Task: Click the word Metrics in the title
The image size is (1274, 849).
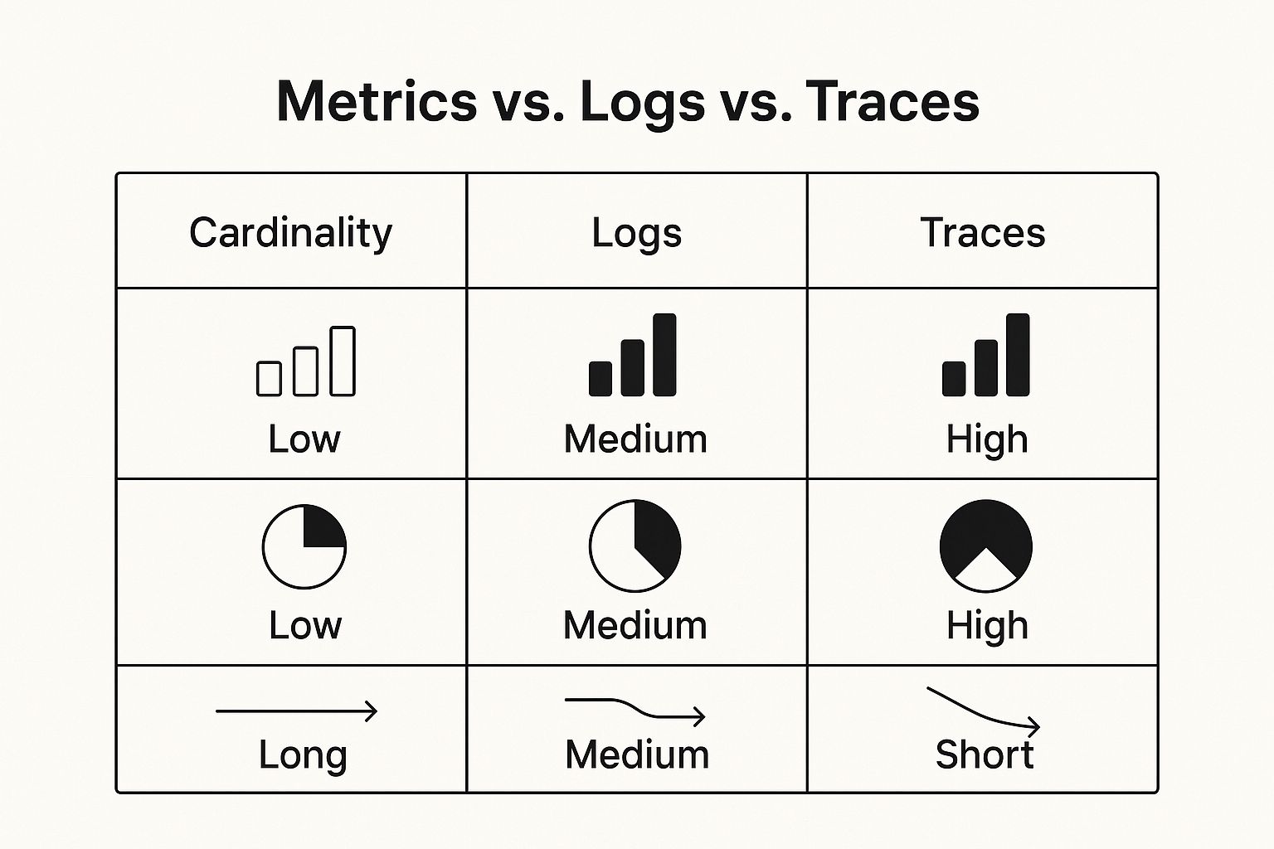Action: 377,101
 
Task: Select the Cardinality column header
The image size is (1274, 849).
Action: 290,233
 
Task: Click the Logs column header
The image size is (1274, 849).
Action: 636,234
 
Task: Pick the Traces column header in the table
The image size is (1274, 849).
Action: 982,232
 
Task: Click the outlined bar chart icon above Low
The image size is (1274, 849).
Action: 306,361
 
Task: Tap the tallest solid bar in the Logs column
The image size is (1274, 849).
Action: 664,354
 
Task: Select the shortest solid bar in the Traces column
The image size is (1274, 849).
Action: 954,379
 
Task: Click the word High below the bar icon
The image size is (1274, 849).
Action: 987,440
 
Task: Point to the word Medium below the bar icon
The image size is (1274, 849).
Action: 635,439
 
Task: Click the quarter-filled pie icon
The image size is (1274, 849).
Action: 304,546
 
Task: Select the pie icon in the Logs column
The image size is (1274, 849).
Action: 635,546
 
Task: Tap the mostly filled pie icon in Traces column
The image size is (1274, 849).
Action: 985,529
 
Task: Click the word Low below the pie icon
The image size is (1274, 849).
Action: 305,625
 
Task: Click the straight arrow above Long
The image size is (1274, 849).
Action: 296,711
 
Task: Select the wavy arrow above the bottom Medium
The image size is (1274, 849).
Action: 635,709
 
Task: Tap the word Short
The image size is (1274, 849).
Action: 984,754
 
